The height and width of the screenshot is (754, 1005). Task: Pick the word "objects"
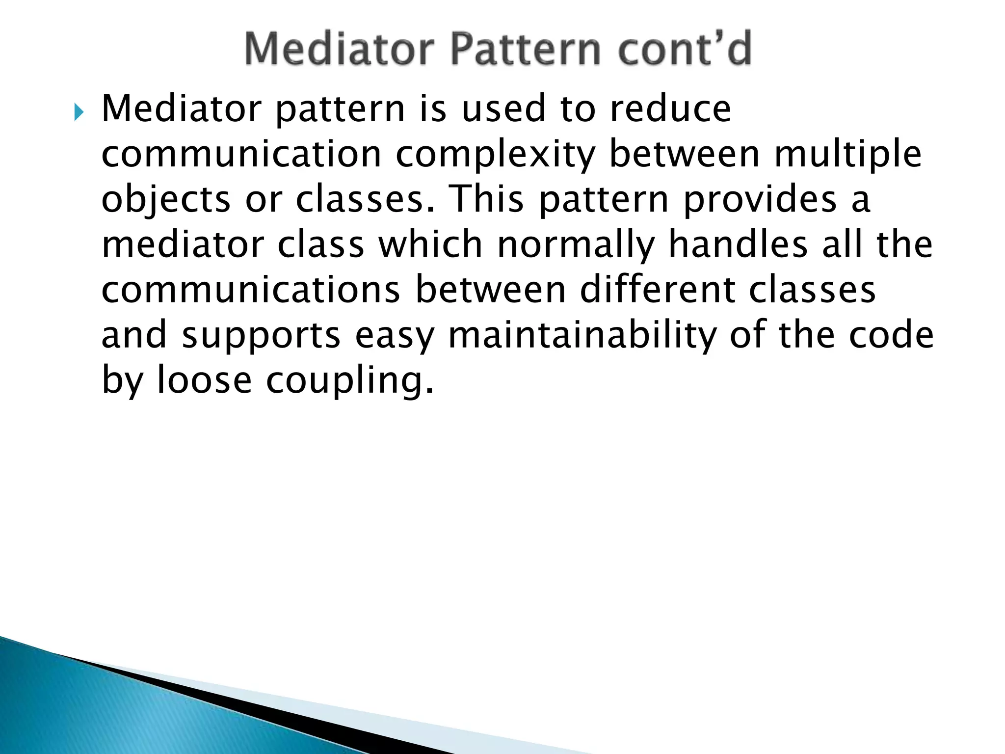166,200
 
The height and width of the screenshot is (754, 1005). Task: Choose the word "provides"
760,200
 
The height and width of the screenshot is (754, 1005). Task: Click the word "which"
430,244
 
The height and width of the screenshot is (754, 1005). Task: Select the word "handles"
738,244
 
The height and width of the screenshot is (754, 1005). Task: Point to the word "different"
658,290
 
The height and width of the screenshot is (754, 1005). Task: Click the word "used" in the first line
504,109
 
